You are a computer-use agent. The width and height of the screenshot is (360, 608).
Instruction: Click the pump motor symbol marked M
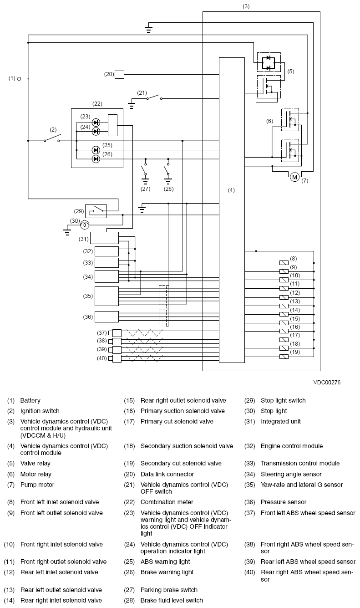coord(294,177)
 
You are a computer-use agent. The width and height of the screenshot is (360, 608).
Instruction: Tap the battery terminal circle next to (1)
coord(19,79)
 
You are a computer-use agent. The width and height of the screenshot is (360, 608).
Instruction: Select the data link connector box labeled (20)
coord(119,74)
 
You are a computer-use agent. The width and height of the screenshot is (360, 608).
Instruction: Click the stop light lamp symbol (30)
coord(84,225)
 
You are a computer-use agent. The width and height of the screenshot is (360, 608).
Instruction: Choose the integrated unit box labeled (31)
coord(104,238)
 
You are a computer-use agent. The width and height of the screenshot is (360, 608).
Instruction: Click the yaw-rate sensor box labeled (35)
coord(106,296)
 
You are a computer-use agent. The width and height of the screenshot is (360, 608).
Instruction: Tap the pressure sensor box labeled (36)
coord(106,317)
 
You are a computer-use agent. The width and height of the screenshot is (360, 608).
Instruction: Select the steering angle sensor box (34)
coord(106,276)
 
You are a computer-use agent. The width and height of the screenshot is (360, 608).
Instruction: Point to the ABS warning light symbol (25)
coord(96,150)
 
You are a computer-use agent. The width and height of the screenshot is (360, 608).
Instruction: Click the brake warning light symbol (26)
coord(96,158)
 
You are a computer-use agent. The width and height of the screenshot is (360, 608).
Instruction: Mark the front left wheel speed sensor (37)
coord(117,332)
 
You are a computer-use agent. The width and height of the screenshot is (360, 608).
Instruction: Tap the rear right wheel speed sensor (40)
coord(117,358)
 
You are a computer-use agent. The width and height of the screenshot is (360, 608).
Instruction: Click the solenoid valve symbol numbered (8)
coord(284,263)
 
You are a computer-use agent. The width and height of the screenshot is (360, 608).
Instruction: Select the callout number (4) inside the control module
coord(231,190)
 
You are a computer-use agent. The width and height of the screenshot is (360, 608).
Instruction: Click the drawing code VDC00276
coord(326,383)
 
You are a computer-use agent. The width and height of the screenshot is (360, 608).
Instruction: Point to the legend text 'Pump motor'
coord(37,485)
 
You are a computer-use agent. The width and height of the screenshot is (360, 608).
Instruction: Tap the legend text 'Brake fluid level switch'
coord(172,600)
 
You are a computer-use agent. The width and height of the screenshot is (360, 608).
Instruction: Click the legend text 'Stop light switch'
coord(283,400)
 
